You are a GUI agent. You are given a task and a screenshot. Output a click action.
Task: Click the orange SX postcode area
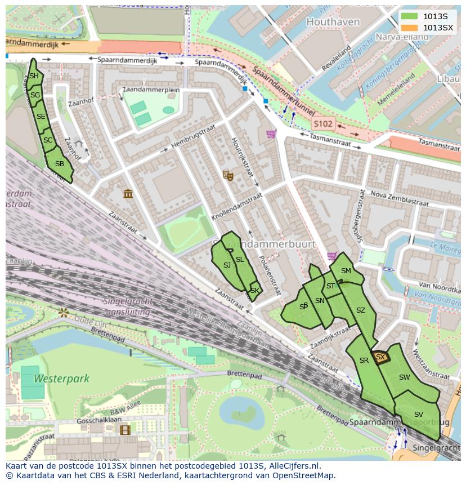pos(380,357)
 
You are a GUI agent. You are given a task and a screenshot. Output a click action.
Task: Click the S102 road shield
pos(324,123)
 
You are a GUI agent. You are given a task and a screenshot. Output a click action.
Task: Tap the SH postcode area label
pos(34,76)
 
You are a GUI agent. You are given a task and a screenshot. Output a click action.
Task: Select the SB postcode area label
pos(59,164)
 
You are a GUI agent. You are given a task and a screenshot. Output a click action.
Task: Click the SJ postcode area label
pos(227,265)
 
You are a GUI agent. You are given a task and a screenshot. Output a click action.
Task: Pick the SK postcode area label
pos(255,291)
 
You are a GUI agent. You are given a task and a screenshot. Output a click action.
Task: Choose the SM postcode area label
pos(346,271)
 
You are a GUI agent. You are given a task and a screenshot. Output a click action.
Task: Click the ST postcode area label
pos(330,286)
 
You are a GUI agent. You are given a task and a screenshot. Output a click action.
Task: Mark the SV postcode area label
pos(418,415)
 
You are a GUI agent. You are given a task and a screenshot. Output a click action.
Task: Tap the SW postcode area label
pos(404,377)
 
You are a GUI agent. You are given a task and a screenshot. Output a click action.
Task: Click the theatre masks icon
pos(228,175)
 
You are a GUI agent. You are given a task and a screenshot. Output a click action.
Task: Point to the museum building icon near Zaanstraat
pos(128,194)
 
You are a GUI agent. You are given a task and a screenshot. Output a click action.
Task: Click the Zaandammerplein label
pos(150,90)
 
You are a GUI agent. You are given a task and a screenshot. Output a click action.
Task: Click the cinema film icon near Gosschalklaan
pos(124,430)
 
